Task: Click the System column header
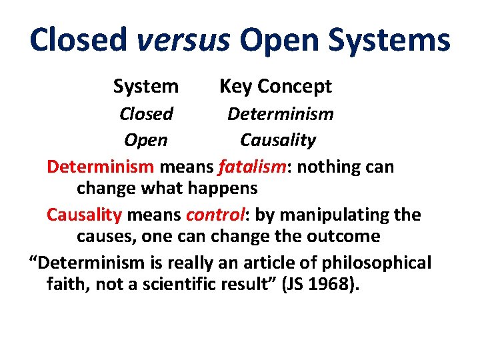145,87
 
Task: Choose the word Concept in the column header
294,87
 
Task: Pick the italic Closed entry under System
146,114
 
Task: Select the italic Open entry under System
145,141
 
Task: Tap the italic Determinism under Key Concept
280,114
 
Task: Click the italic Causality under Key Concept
278,141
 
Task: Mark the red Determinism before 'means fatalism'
101,167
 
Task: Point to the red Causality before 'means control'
84,215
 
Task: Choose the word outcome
347,236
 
